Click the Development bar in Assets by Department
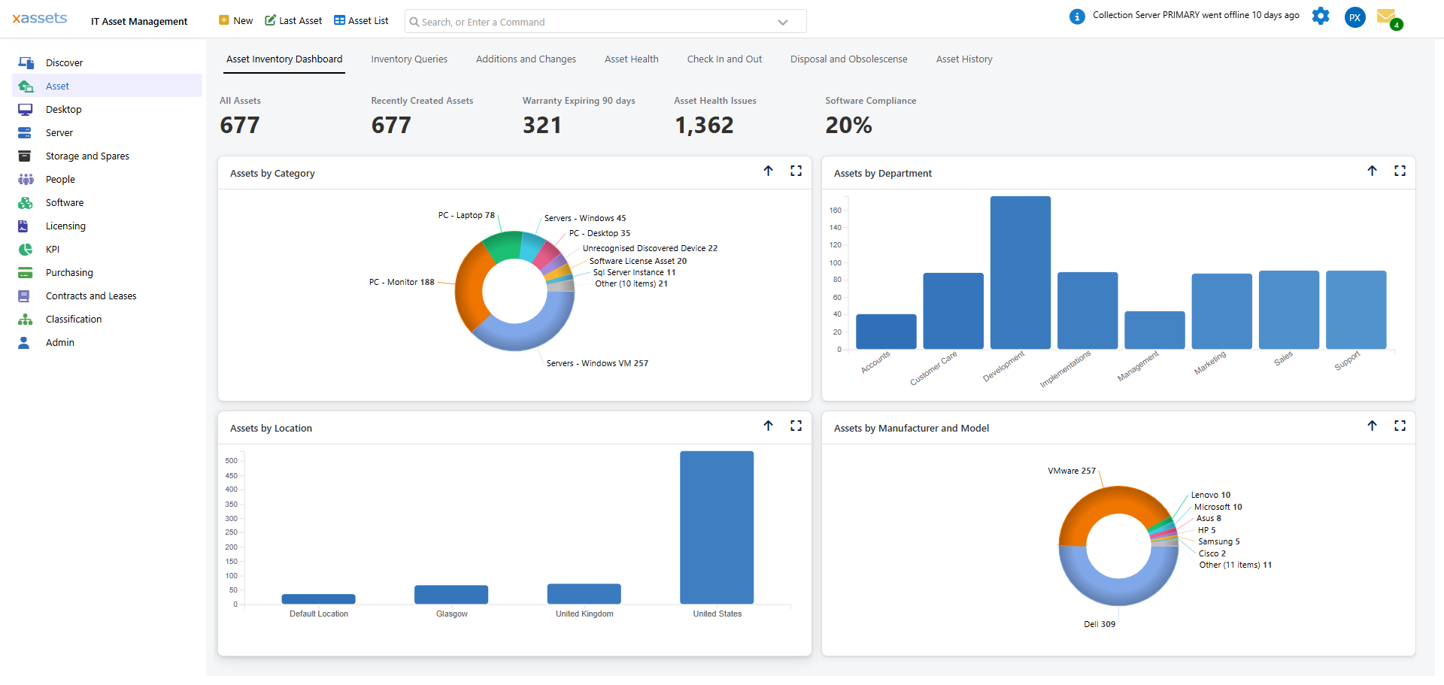[x=1020, y=272]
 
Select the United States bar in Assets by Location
[x=716, y=527]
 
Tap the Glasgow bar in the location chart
[x=451, y=594]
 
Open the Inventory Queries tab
[x=408, y=59]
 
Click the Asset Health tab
[x=631, y=59]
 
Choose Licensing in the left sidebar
[x=65, y=226]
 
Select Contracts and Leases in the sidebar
[x=91, y=296]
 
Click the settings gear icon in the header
[x=1320, y=16]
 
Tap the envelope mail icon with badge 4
[x=1386, y=17]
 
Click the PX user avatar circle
[x=1355, y=17]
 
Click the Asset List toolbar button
[x=361, y=21]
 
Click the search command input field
[x=594, y=22]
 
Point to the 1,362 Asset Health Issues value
[x=704, y=125]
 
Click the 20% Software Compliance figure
[x=848, y=125]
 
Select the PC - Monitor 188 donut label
[x=402, y=283]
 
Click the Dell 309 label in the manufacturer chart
[x=1099, y=624]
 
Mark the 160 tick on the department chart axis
[x=835, y=211]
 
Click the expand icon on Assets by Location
[x=796, y=426]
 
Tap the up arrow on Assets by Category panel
[x=768, y=171]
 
